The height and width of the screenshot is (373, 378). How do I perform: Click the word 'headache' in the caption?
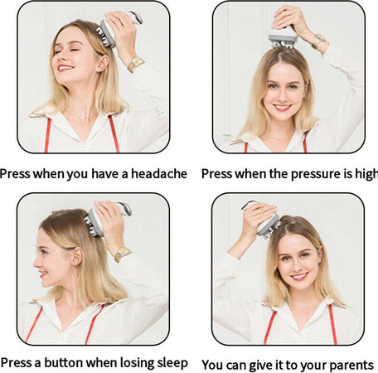(x=157, y=174)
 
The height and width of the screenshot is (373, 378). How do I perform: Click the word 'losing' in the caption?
(x=131, y=363)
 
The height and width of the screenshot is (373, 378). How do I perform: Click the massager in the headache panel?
(x=116, y=27)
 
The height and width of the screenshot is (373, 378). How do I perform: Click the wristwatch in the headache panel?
(x=134, y=64)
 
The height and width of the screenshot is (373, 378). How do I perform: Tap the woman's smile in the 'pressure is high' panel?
(x=283, y=107)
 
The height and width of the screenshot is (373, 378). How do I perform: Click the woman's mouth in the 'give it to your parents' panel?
(x=298, y=276)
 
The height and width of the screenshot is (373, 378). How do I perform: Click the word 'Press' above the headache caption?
(x=17, y=174)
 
